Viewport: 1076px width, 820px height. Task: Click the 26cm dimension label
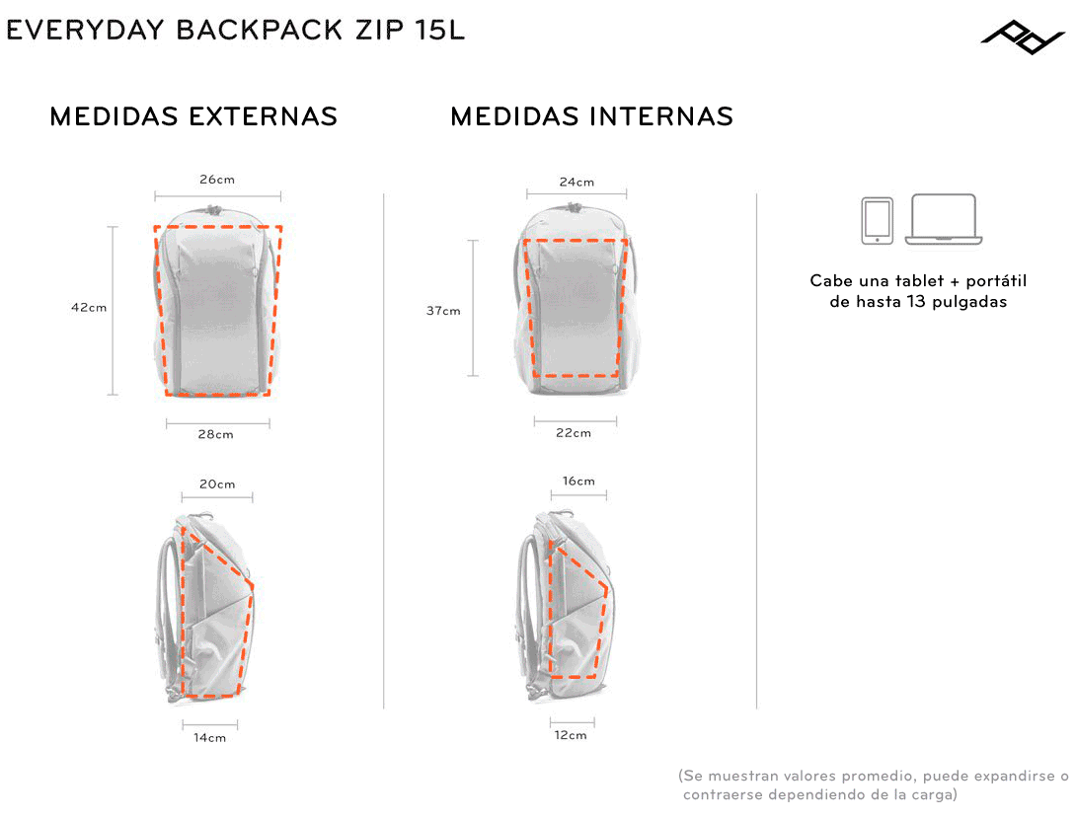pos(217,180)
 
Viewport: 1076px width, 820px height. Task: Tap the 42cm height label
pos(89,308)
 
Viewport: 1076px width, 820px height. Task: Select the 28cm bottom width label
pos(215,434)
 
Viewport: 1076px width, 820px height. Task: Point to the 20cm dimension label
pos(217,485)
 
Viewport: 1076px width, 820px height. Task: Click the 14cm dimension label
pos(209,738)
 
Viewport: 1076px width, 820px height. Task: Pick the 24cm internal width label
pos(576,183)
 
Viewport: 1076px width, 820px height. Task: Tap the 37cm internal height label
pos(443,311)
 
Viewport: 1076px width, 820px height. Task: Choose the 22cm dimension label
pos(573,433)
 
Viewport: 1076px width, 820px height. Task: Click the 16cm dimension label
pos(578,481)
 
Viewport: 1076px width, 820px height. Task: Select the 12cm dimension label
pos(571,735)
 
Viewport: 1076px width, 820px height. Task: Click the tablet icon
pos(877,221)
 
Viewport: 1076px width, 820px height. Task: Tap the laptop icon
pos(944,220)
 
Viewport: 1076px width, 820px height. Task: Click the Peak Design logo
pos(1023,37)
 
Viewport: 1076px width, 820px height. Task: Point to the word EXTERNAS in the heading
pos(263,116)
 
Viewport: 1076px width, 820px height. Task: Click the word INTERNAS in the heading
pos(660,116)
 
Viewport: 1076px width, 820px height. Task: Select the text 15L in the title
pos(439,31)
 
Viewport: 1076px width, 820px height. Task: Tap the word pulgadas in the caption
pos(969,302)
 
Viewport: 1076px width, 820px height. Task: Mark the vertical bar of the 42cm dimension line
pos(114,311)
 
